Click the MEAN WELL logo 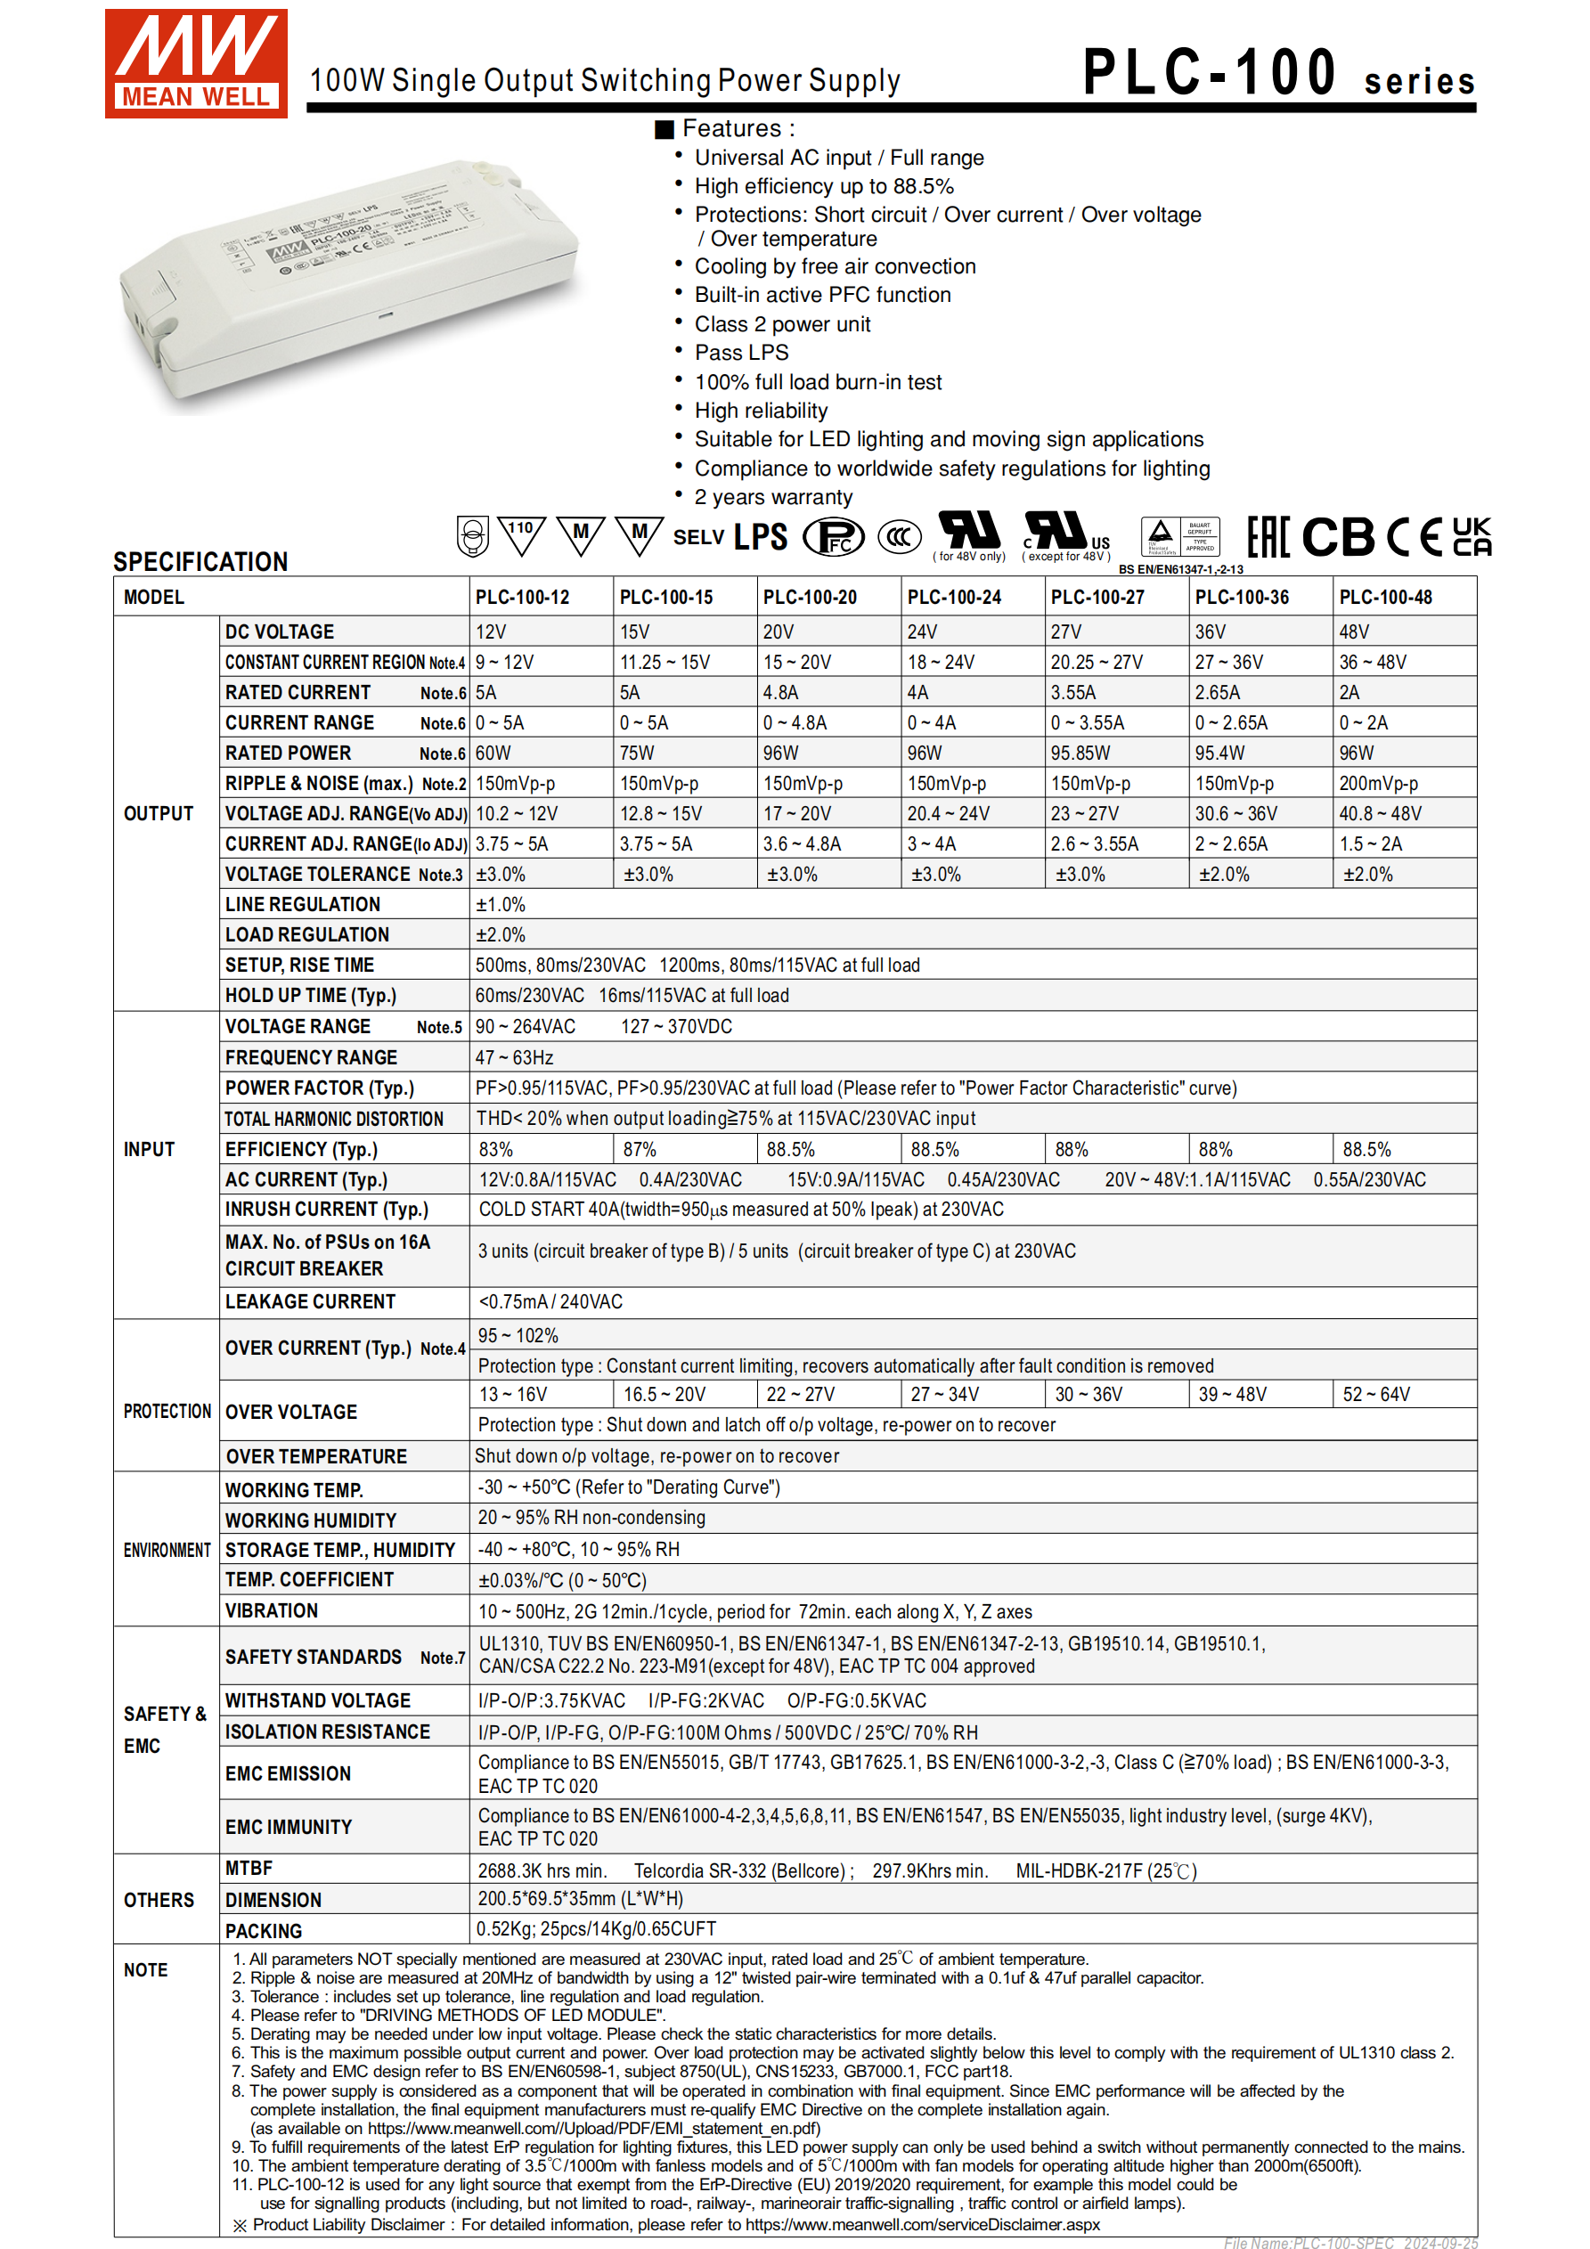point(196,63)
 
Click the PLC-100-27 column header point(1097,597)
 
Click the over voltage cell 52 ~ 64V point(1375,1394)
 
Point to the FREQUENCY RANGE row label point(311,1057)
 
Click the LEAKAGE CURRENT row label point(310,1300)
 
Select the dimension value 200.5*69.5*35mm point(579,1898)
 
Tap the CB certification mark point(1337,537)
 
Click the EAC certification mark point(1268,537)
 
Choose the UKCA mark point(1471,537)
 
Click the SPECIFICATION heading point(200,561)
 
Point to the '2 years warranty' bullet point(773,497)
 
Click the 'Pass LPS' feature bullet point(740,353)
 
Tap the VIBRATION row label point(272,1610)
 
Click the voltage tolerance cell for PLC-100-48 point(1366,874)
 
